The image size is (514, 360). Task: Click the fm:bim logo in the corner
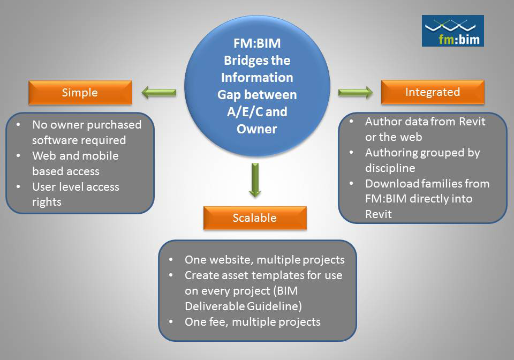(x=452, y=31)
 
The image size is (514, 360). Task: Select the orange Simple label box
(x=80, y=92)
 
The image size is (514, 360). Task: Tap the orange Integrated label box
(x=433, y=92)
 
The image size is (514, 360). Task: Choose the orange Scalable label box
(x=255, y=217)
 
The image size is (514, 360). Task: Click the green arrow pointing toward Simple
(x=159, y=93)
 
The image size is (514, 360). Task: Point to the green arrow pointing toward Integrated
(x=356, y=92)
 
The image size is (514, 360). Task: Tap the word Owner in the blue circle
(x=257, y=129)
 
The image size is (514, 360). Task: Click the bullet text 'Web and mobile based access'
(x=75, y=163)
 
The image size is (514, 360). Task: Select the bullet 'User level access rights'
(x=75, y=194)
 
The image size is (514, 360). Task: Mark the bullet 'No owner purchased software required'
(x=86, y=132)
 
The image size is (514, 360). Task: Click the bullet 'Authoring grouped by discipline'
(x=422, y=160)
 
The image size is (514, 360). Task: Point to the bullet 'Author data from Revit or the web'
(x=425, y=129)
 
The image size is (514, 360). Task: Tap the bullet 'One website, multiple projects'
(x=264, y=260)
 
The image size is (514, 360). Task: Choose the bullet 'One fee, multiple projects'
(x=252, y=322)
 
